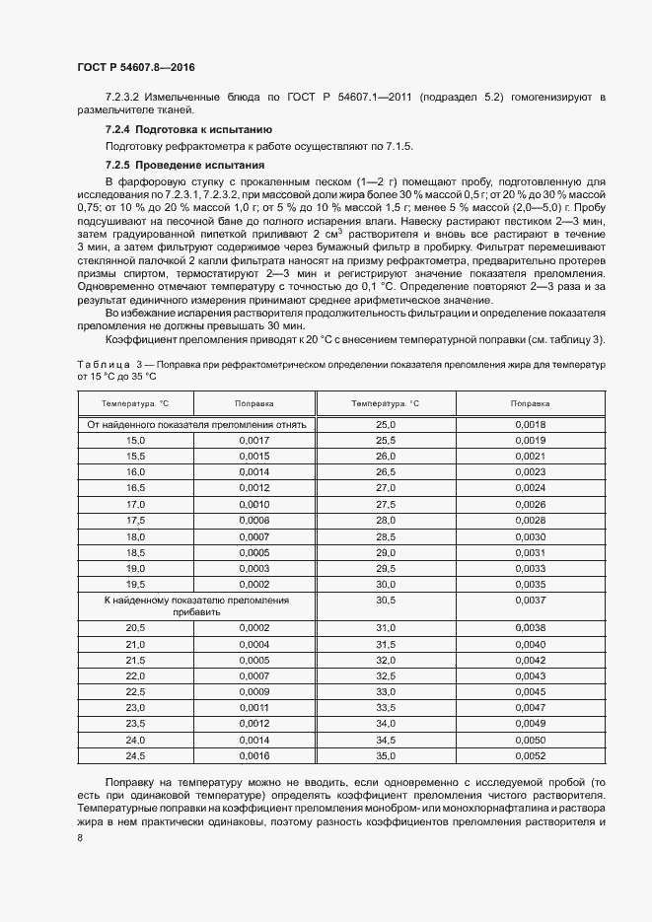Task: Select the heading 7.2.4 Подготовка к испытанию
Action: [187, 130]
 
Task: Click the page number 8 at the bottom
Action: [80, 838]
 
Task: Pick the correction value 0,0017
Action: [254, 440]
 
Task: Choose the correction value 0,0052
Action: [530, 755]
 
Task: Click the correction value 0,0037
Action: [530, 600]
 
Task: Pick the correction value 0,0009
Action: [254, 691]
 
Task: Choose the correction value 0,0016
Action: [254, 755]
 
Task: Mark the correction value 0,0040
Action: [530, 644]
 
